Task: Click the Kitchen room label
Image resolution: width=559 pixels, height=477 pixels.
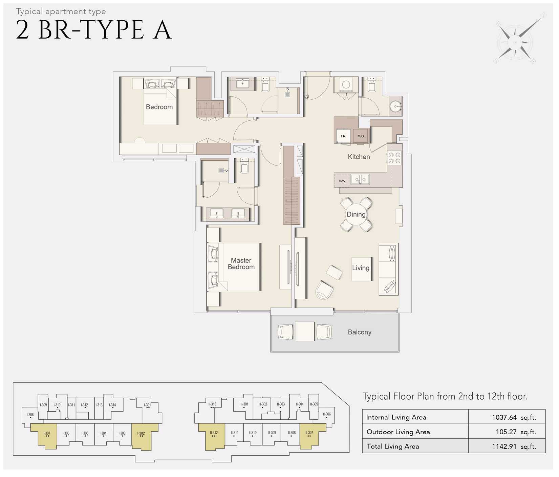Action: click(x=359, y=157)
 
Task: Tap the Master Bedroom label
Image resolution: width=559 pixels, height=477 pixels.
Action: click(x=241, y=263)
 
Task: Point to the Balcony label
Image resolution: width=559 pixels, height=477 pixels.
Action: click(x=359, y=332)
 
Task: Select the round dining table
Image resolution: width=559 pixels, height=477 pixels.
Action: click(x=356, y=214)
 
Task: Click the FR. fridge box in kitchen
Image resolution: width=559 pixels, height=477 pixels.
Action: click(x=343, y=136)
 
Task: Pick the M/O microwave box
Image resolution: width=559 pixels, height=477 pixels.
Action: click(x=361, y=136)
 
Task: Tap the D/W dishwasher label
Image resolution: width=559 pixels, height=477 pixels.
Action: click(x=342, y=181)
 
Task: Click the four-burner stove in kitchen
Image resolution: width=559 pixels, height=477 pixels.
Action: click(x=394, y=158)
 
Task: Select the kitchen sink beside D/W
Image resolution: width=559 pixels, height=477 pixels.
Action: click(x=360, y=179)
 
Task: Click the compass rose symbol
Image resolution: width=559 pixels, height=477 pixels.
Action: click(x=515, y=43)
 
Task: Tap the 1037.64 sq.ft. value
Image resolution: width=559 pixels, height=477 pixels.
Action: click(x=514, y=417)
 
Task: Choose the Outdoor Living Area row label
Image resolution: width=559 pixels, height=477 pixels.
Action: click(x=398, y=432)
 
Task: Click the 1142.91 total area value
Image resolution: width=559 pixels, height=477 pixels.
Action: click(x=514, y=446)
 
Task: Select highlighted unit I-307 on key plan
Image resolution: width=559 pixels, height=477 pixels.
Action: click(x=47, y=435)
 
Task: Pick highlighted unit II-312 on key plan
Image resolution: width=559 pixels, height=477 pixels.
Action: click(x=213, y=435)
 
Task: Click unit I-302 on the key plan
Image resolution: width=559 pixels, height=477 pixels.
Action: click(x=141, y=435)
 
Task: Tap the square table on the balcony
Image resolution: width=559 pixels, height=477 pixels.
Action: click(x=304, y=332)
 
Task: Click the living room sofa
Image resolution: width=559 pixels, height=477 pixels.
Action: click(x=388, y=269)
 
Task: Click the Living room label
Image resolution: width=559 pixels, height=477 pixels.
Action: click(x=361, y=268)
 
